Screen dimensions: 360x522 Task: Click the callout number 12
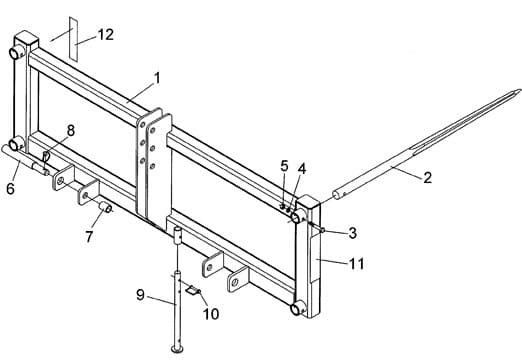105,34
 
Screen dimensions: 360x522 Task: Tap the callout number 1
156,77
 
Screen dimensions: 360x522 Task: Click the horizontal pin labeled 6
28,161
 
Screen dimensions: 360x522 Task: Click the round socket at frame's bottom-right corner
298,309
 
